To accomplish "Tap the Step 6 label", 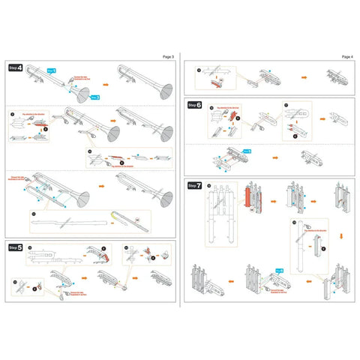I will (x=195, y=105).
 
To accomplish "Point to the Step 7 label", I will (x=195, y=185).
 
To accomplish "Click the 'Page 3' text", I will (x=167, y=56).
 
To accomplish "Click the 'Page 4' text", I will (x=346, y=56).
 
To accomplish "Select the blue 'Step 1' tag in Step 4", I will (x=52, y=70).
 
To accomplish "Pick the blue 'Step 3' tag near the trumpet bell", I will (x=95, y=97).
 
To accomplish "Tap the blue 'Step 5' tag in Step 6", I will (x=245, y=151).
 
